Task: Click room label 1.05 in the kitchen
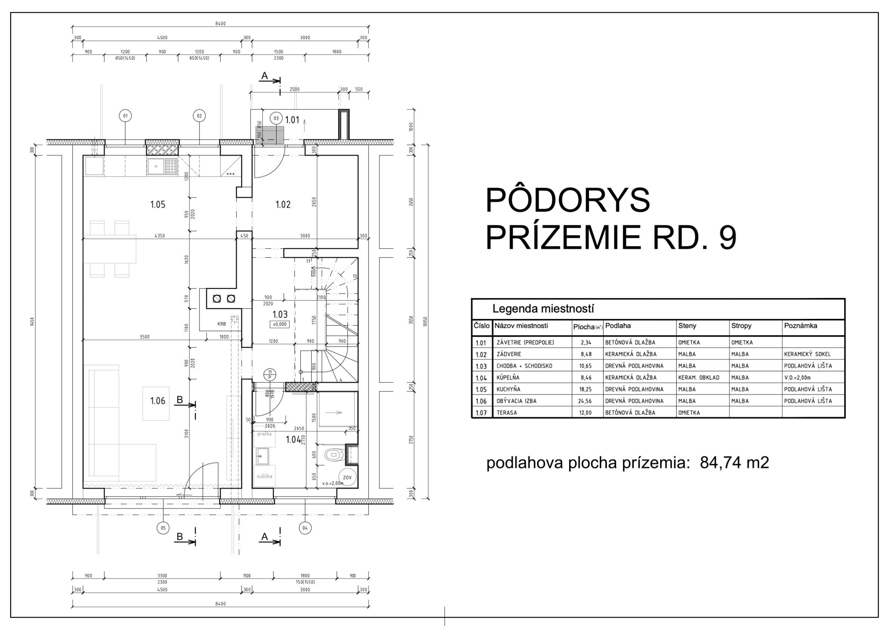(x=158, y=204)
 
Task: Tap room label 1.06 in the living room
(x=158, y=401)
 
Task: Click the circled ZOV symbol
(x=347, y=478)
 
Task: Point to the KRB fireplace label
(x=222, y=324)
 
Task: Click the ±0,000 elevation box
(x=280, y=324)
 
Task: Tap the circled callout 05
(x=163, y=528)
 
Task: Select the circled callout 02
(x=200, y=116)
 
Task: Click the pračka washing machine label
(x=265, y=434)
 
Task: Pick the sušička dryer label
(x=265, y=476)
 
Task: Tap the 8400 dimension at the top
(x=220, y=24)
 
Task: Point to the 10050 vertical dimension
(x=425, y=321)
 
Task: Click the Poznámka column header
(x=800, y=326)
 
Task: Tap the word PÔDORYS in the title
(x=567, y=200)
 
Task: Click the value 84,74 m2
(x=734, y=463)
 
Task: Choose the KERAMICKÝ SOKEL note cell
(x=807, y=354)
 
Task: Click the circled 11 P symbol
(x=270, y=375)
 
